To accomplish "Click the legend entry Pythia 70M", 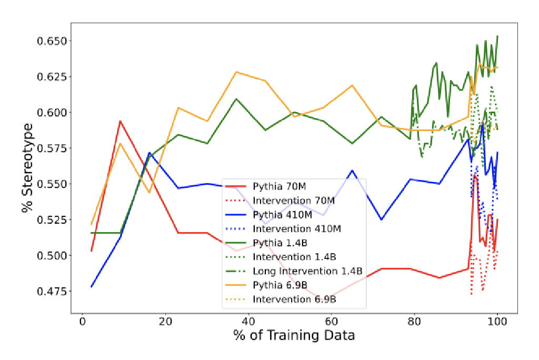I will tap(277, 186).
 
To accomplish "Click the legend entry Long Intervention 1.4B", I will tap(307, 271).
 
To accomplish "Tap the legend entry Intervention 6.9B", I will tap(294, 299).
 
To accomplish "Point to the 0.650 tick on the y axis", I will tap(50, 41).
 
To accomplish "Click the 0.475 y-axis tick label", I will tap(50, 291).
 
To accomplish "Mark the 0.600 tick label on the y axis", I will tap(50, 113).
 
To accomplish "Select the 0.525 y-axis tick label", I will tap(50, 219).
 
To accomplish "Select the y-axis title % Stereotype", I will tap(27, 167).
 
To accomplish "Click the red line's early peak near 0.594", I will tap(120, 121).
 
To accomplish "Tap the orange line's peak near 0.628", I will tap(236, 72).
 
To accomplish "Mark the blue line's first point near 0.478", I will tap(92, 287).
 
